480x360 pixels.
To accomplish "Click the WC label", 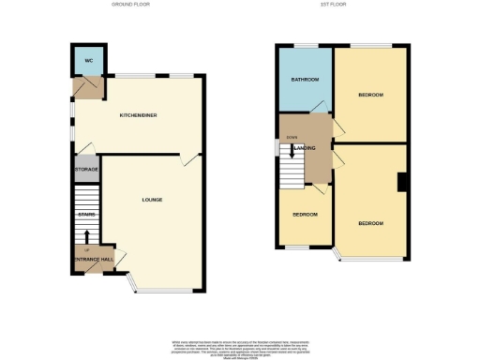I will [89, 61].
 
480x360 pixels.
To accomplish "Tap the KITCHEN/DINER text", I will [137, 115].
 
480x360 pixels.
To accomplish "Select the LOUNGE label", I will [152, 200].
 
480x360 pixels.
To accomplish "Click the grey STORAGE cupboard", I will [86, 172].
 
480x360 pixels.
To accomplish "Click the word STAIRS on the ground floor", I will [87, 215].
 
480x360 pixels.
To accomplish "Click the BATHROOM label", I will [305, 80].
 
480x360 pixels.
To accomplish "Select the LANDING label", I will [306, 148].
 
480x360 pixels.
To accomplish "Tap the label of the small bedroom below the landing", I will [305, 214].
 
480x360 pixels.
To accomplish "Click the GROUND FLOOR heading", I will [131, 5].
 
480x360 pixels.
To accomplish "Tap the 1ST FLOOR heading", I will [341, 5].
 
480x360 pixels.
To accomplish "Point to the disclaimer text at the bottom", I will [240, 347].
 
